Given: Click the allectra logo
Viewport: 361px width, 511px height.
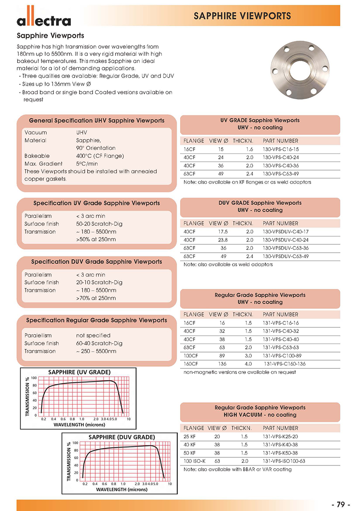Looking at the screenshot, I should point(44,19).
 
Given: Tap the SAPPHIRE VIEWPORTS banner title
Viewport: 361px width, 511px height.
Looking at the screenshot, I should point(242,16).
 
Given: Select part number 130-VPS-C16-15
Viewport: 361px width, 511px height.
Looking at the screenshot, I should point(281,149).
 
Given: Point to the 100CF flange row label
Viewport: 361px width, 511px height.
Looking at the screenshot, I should point(191,355).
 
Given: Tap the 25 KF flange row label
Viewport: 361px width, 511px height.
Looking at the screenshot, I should point(190,437).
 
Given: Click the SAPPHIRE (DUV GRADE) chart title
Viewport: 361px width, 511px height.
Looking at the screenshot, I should point(122,437).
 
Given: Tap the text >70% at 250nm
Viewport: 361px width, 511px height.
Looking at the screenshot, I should point(96,298).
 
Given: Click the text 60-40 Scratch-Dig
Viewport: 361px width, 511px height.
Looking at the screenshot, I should point(99,343).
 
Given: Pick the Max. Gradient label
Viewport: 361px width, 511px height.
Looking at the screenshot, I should point(42,163).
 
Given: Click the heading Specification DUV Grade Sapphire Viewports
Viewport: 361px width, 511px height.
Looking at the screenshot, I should point(97,262).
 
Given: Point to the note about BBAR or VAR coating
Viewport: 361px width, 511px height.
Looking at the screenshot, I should point(237,469).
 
